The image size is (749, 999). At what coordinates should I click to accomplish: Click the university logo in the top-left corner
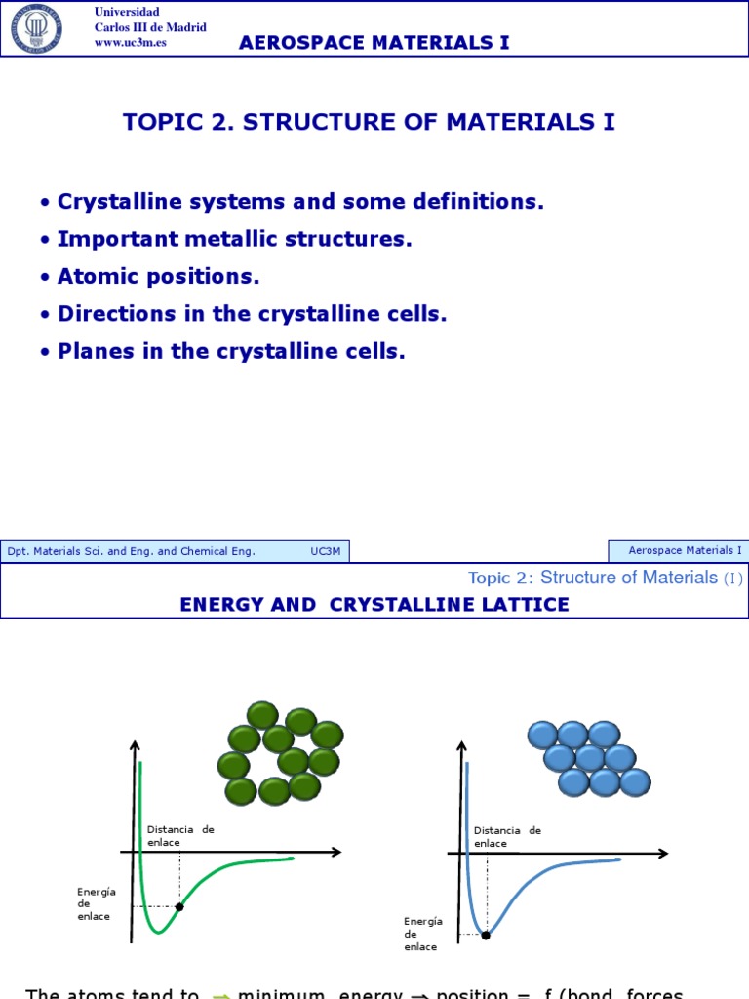(x=36, y=27)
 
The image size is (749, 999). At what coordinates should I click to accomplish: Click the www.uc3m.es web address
(x=130, y=43)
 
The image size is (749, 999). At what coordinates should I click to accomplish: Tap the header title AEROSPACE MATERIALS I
(x=374, y=42)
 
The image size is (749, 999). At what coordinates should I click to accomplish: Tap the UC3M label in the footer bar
(x=326, y=551)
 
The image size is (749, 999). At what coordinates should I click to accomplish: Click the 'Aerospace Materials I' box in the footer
(x=679, y=551)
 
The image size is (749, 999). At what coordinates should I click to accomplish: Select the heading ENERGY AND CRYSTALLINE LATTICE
(x=374, y=605)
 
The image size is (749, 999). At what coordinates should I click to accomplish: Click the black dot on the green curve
(x=179, y=907)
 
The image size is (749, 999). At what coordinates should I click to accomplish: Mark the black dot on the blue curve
(x=486, y=935)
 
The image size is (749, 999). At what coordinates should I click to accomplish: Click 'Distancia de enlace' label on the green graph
(x=180, y=836)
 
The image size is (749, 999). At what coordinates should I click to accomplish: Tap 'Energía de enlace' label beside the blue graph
(x=423, y=934)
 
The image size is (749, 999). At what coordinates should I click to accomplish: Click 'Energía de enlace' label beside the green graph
(x=97, y=903)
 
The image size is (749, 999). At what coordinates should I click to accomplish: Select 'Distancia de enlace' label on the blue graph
(x=507, y=837)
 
